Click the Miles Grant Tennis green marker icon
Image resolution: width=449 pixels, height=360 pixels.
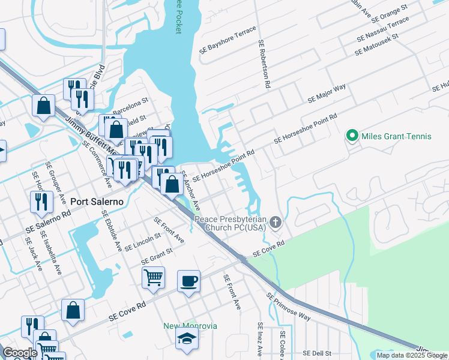tap(352, 136)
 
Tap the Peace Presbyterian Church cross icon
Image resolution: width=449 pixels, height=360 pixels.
tap(276, 223)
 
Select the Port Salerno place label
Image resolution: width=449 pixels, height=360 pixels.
tap(97, 202)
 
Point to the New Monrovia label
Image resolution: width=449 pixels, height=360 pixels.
tap(190, 326)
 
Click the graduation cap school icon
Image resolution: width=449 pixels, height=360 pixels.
tap(187, 338)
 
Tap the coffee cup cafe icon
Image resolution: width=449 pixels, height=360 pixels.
tap(188, 281)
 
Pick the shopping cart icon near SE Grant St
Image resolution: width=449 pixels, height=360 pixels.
tap(153, 277)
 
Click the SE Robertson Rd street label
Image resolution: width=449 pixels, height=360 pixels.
tap(263, 64)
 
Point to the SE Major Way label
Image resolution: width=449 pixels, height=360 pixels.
tap(327, 93)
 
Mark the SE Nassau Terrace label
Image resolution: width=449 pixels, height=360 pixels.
tap(382, 28)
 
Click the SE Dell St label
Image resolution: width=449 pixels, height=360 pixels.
tap(317, 353)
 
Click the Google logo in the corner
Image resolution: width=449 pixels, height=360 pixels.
tap(20, 353)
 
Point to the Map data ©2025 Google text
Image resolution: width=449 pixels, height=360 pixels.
tap(412, 355)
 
